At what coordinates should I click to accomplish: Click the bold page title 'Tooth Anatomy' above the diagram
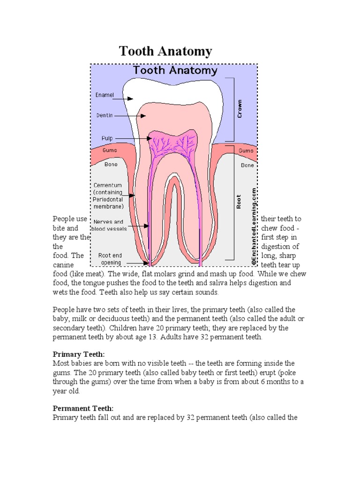click(165, 51)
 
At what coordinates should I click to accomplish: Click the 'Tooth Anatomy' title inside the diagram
click(175, 71)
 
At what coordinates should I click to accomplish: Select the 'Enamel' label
click(105, 95)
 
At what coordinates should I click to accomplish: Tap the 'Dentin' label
click(105, 115)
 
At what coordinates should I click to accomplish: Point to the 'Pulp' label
click(107, 138)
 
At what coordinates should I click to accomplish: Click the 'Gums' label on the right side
click(246, 150)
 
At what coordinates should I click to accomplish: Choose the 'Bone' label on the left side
click(111, 165)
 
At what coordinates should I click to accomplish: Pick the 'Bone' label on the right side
click(247, 165)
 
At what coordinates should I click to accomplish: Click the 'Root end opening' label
click(110, 259)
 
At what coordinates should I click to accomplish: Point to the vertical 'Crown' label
click(240, 108)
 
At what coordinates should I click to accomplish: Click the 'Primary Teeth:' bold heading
click(79, 355)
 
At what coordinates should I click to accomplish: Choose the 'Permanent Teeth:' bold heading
click(83, 409)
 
